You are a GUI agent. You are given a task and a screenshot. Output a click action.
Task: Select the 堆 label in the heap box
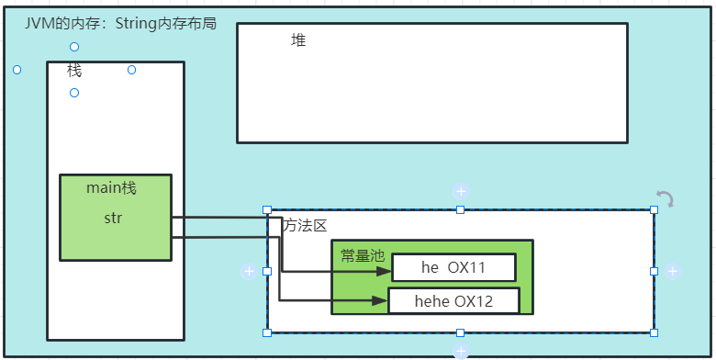point(298,40)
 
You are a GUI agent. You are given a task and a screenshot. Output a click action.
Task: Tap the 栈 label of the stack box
point(74,70)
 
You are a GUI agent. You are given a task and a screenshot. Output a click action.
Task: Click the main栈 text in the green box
point(111,188)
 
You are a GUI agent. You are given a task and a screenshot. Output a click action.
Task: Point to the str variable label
point(113,219)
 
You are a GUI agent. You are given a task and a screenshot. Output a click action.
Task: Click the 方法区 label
point(305,226)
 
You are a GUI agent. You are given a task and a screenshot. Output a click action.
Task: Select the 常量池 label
point(362,255)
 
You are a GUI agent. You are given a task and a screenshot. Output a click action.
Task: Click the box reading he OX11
point(453,268)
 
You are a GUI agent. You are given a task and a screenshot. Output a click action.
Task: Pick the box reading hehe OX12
point(453,301)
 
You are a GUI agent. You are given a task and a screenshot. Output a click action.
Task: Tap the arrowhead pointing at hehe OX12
point(380,300)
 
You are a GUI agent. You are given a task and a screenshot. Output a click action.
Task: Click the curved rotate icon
point(666,198)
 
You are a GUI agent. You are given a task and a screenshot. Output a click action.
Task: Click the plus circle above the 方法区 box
point(461,192)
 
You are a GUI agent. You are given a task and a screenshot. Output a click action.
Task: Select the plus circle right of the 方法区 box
point(673,272)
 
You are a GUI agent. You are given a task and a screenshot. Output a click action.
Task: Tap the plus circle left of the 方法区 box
point(248,272)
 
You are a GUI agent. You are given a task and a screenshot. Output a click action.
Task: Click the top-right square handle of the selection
point(654,210)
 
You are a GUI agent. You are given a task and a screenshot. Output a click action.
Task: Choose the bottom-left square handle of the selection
point(267,332)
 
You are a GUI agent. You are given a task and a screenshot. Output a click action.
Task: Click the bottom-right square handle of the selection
point(654,332)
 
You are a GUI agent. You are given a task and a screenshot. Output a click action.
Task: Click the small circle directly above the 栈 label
point(74,47)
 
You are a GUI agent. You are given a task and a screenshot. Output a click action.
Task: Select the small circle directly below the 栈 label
point(74,93)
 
